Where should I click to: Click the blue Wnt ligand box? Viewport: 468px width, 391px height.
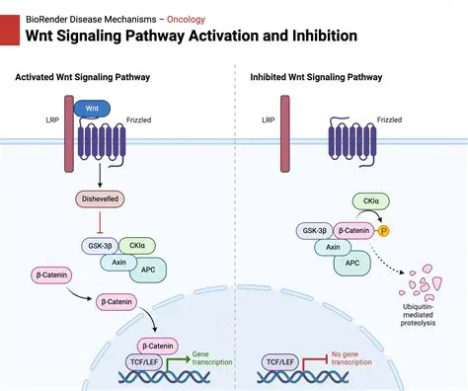coord(93,107)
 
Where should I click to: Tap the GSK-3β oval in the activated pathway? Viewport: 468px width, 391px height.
coord(100,244)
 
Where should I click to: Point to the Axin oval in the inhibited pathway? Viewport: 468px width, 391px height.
coord(335,248)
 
